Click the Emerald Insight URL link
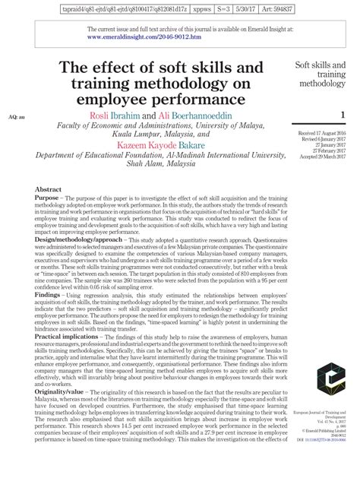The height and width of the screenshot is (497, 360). click(144, 36)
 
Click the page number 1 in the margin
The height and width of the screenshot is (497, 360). click(343, 116)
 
